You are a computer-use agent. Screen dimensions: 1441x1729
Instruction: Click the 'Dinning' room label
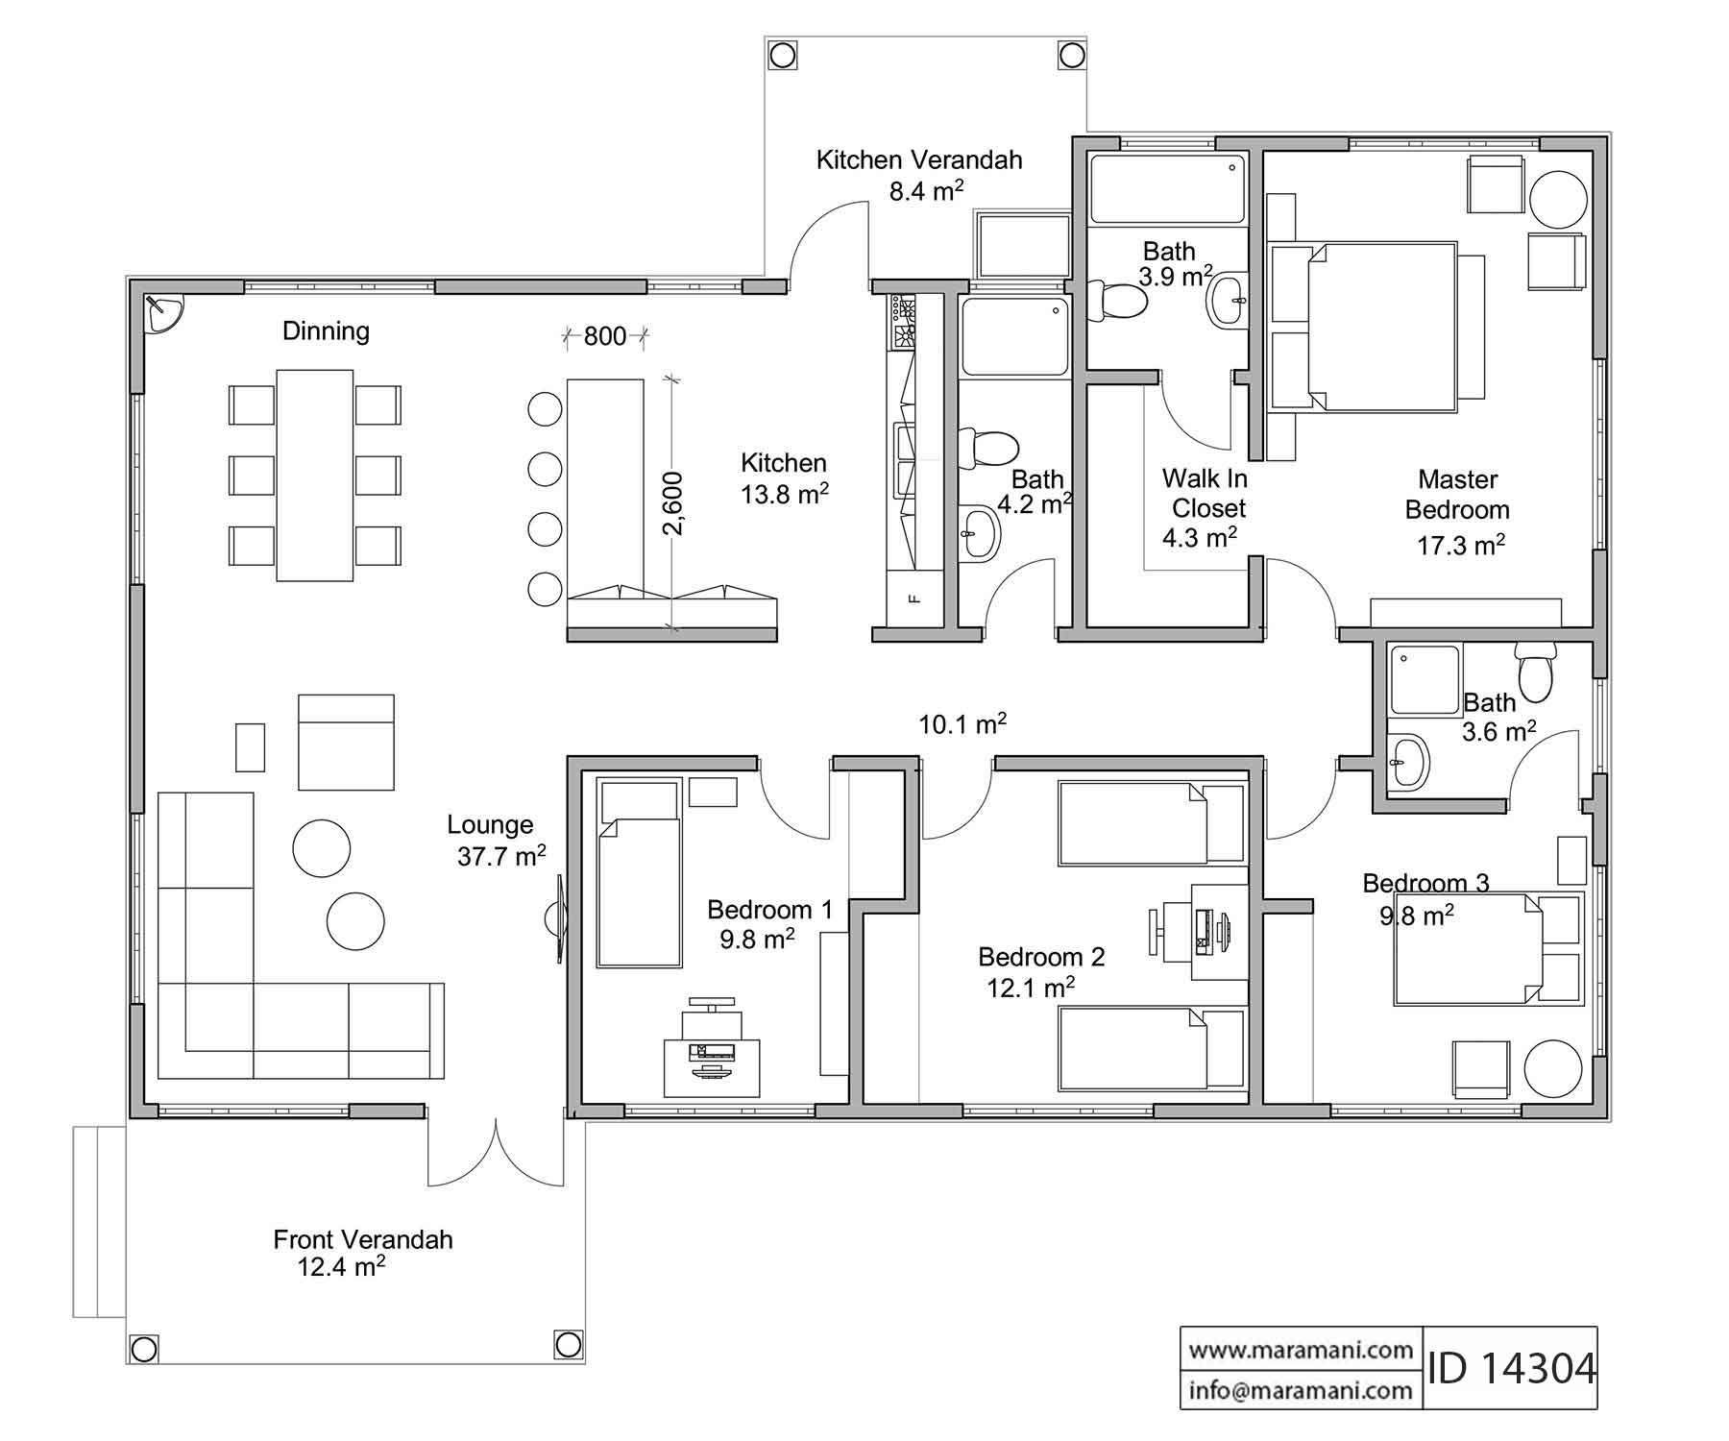pyautogui.click(x=326, y=331)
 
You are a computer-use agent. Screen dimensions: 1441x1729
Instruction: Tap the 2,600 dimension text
pyautogui.click(x=673, y=502)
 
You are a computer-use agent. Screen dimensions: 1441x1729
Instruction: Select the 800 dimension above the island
pyautogui.click(x=604, y=336)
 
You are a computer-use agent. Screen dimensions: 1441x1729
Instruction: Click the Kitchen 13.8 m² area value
pyautogui.click(x=784, y=495)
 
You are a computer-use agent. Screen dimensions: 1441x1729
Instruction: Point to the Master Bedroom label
pyautogui.click(x=1457, y=495)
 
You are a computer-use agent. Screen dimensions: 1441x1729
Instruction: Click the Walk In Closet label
pyautogui.click(x=1204, y=493)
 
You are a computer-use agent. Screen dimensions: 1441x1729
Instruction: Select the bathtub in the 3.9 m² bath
pyautogui.click(x=1168, y=191)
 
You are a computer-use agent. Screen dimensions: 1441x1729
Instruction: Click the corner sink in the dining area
pyautogui.click(x=162, y=313)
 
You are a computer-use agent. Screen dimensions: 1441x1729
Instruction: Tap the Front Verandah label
pyautogui.click(x=362, y=1239)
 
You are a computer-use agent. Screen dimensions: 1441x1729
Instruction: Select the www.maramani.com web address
pyautogui.click(x=1301, y=1350)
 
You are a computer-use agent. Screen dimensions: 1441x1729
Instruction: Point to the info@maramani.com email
pyautogui.click(x=1301, y=1389)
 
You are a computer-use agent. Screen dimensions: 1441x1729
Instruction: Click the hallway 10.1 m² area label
pyautogui.click(x=962, y=724)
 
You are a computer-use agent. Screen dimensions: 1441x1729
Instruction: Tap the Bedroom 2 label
pyautogui.click(x=1041, y=957)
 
